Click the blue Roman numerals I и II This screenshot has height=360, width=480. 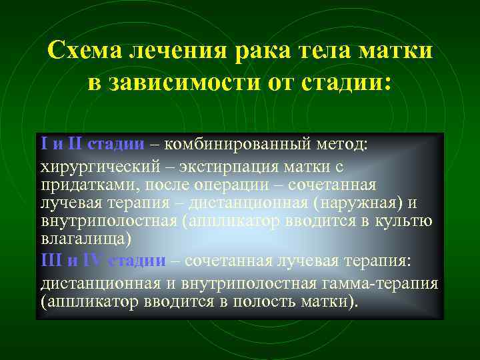[x=61, y=143]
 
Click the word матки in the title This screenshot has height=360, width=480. [x=399, y=51]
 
